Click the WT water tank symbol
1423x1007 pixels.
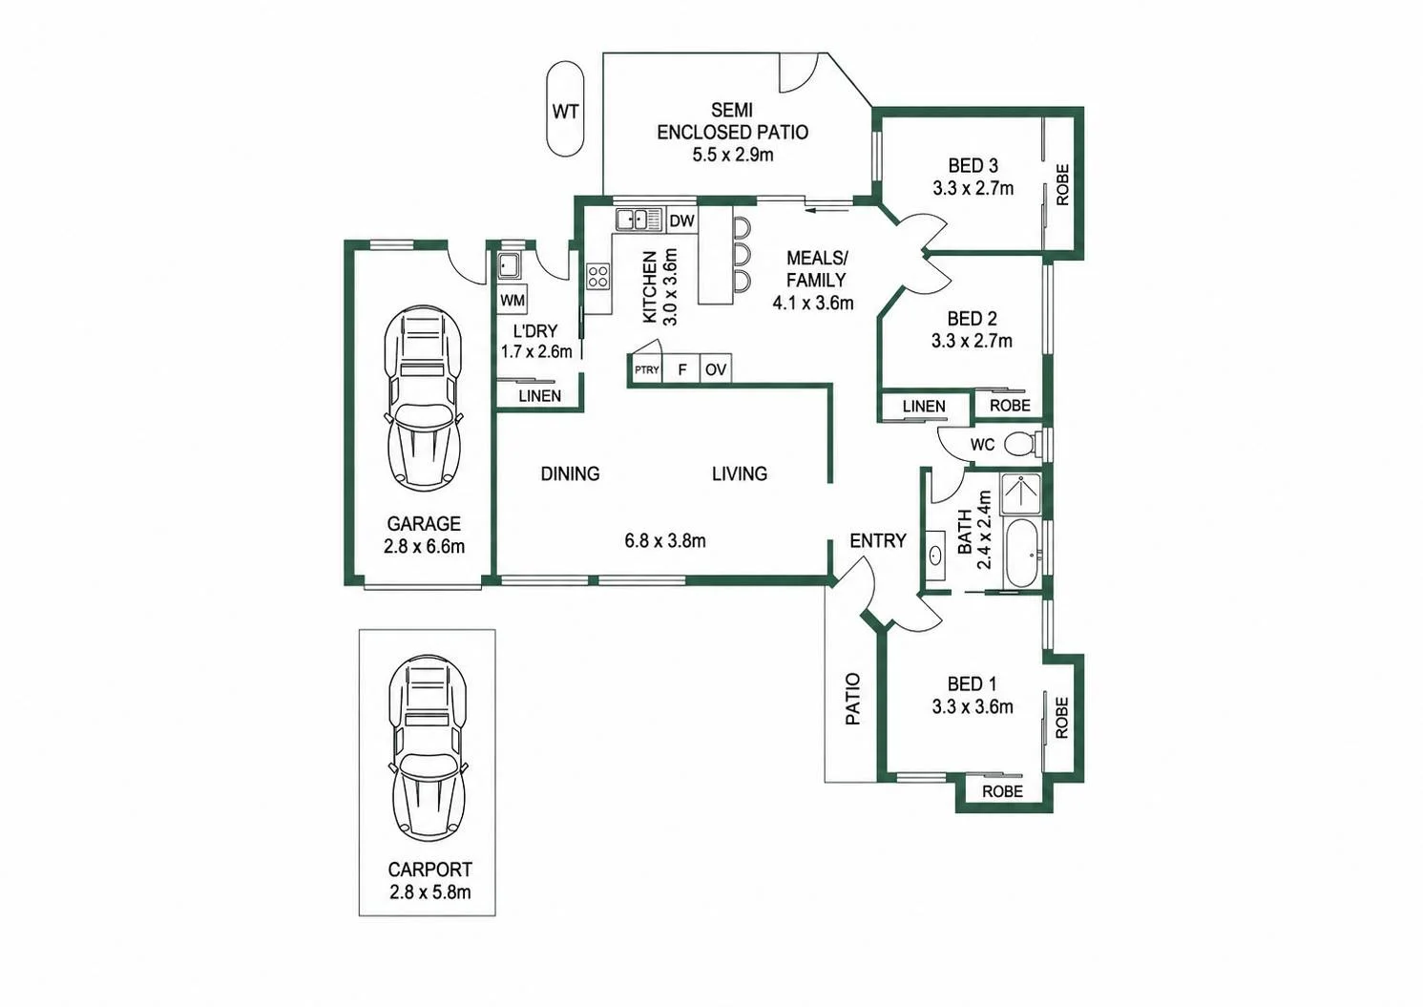[565, 109]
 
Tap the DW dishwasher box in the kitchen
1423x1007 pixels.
[682, 220]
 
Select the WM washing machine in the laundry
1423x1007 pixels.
[512, 300]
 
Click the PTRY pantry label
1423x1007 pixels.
[647, 369]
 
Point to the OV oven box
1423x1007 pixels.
[716, 369]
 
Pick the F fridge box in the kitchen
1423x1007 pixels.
[681, 369]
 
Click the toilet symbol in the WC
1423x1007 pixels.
[1021, 444]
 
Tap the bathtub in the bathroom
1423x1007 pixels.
[1022, 554]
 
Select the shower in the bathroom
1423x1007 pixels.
[1021, 493]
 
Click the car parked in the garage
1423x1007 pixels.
[424, 398]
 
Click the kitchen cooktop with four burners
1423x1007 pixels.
[598, 277]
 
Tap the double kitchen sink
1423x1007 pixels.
[638, 220]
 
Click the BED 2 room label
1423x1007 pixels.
[972, 318]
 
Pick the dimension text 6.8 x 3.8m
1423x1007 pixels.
[665, 540]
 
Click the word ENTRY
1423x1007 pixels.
[878, 540]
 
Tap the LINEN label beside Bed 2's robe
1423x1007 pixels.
[924, 406]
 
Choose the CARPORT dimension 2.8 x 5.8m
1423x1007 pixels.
[430, 892]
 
